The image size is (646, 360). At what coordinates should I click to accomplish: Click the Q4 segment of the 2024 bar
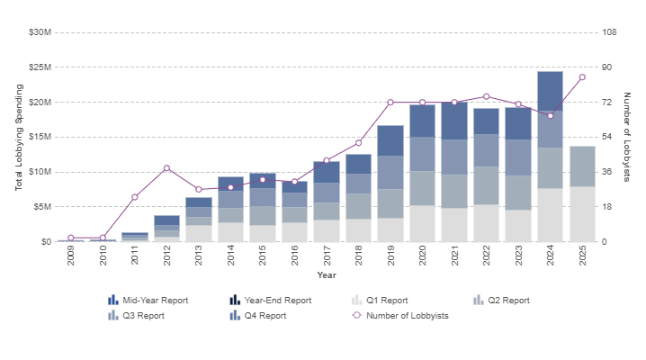click(550, 91)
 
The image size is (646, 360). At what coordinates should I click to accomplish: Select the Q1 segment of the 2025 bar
click(582, 214)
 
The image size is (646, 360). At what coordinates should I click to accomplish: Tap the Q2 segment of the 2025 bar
click(582, 166)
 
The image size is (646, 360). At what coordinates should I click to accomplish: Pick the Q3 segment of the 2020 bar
click(422, 154)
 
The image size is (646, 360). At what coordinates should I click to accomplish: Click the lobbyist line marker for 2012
click(166, 168)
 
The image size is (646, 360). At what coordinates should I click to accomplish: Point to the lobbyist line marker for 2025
click(582, 77)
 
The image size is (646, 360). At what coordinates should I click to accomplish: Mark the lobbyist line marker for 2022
click(487, 97)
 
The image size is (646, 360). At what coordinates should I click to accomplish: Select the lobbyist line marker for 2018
click(358, 143)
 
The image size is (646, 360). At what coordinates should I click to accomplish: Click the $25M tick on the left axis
click(40, 67)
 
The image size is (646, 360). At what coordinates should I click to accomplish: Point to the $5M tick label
click(42, 207)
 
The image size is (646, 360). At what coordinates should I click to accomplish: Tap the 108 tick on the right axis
click(609, 32)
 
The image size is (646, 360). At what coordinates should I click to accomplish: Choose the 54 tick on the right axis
click(606, 137)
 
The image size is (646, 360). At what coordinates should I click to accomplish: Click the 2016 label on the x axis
click(294, 256)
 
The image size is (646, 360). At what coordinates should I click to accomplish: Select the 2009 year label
click(71, 256)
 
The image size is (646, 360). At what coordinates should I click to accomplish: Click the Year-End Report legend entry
click(270, 301)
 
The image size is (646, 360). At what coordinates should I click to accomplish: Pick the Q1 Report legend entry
click(380, 301)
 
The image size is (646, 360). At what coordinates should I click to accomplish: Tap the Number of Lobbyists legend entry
click(400, 316)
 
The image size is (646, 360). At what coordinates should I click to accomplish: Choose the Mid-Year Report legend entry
click(148, 301)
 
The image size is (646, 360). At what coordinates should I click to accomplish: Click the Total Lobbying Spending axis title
click(19, 137)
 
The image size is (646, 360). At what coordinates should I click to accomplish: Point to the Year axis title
click(327, 275)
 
